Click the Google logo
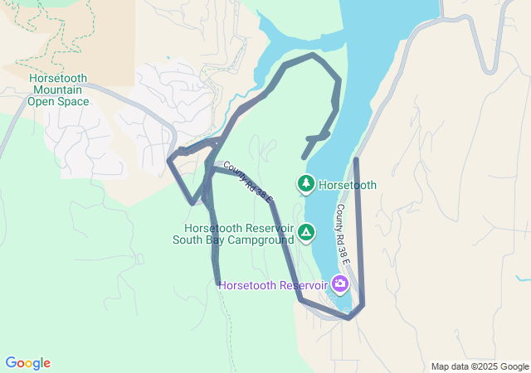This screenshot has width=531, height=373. tap(27, 363)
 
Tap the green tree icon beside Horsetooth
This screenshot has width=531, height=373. tap(306, 182)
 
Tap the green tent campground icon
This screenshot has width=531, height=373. tap(307, 232)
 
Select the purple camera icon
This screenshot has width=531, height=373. tap(339, 284)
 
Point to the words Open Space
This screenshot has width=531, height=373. tap(58, 102)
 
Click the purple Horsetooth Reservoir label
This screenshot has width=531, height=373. tap(274, 286)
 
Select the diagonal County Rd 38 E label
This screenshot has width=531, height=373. tap(248, 181)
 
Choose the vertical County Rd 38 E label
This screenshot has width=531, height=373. tap(343, 235)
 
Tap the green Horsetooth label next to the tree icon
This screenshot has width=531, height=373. tap(348, 185)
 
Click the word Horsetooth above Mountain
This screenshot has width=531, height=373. tap(58, 79)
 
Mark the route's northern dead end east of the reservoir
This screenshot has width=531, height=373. tap(356, 159)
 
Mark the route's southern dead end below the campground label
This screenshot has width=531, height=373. tap(217, 283)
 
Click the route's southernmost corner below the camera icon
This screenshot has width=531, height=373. tap(349, 317)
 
